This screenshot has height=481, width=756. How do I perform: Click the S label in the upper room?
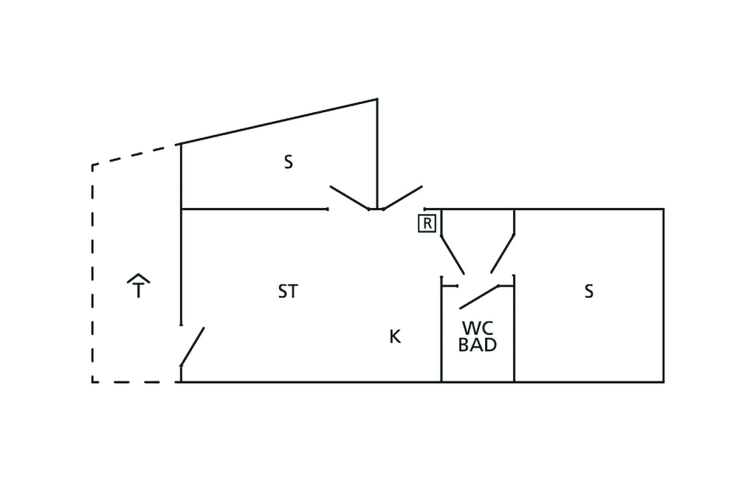pos(289,162)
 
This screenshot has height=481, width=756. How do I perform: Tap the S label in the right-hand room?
pos(588,291)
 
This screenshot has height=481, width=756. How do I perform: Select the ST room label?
pos(289,291)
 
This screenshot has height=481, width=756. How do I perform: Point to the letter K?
pos(395,336)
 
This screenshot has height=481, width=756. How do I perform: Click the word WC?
pos(478,328)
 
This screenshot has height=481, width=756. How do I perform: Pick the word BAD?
pos(478,345)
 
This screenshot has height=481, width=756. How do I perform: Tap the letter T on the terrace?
pos(138,291)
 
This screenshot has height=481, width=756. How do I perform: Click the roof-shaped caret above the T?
pos(138,277)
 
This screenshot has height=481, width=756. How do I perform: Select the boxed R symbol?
pos(427,224)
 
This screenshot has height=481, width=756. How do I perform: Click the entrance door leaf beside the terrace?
pos(193,347)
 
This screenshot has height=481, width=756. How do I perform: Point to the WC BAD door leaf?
pos(479,297)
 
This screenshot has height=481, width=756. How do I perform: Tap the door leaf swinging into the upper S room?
pos(349,198)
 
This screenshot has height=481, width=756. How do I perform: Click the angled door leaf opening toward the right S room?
pos(502,254)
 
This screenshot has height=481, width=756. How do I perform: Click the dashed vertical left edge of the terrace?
pos(92,274)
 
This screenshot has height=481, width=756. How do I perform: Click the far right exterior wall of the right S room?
pos(664,295)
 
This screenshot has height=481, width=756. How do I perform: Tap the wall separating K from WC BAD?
pos(441,330)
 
